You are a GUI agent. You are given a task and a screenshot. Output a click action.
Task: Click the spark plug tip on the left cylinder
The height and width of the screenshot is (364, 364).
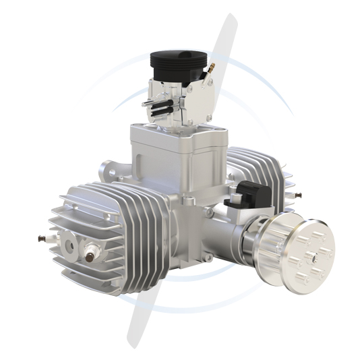[x=38, y=238]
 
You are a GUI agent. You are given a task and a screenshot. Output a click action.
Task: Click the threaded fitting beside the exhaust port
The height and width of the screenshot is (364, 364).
[x=90, y=255]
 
